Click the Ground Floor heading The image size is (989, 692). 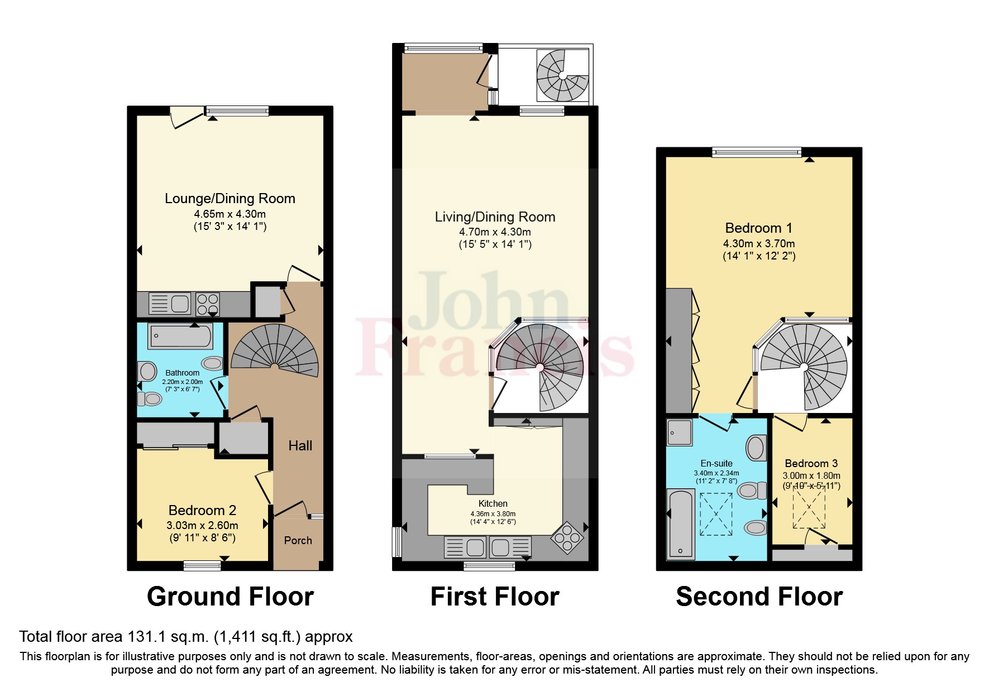coord(230,597)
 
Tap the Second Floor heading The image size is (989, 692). coord(759,597)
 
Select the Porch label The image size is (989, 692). coord(298,540)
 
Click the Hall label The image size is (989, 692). coord(300,445)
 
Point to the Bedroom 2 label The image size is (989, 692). coord(202,510)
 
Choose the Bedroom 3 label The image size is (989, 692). coord(811,463)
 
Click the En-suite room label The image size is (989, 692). coord(716,463)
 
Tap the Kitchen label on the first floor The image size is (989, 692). coord(493,503)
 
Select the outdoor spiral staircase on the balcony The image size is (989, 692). coord(562,76)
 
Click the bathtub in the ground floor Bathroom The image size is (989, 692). coord(180,337)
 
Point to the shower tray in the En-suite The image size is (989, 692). coord(679,432)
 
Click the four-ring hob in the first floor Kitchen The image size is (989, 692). coord(567,537)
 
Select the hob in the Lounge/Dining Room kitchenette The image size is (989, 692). coord(207,304)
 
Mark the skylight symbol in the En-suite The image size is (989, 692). coord(715,515)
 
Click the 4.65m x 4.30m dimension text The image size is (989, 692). coord(230,214)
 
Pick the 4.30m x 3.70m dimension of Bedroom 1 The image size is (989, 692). coord(759,243)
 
